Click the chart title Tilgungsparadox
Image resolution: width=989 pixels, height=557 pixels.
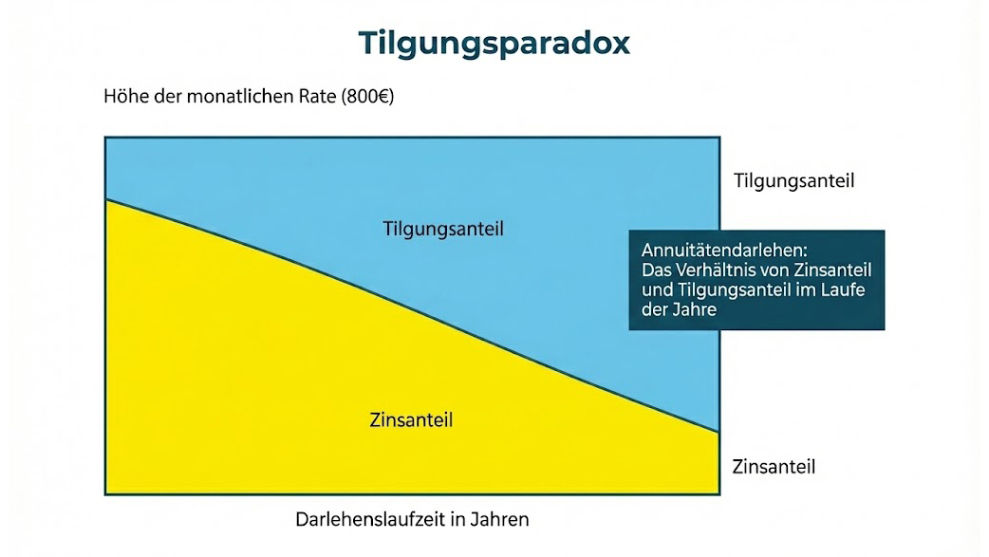coord(494,44)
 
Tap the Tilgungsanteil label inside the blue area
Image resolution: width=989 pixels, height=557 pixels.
coord(443,229)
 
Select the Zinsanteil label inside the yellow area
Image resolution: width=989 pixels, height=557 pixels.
coord(411,418)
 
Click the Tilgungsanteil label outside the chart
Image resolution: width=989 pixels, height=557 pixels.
coord(794,180)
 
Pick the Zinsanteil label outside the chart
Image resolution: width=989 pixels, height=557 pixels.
coord(774,467)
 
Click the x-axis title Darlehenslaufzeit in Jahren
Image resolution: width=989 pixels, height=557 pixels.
coord(412,520)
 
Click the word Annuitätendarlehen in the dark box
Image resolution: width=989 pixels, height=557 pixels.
coord(724,251)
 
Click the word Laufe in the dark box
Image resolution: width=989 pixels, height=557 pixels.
coord(849,289)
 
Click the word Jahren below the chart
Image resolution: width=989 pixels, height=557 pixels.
coord(502,520)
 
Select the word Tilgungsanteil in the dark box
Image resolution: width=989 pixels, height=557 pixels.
coord(730,289)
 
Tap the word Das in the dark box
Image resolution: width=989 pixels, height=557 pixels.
coord(657,269)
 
